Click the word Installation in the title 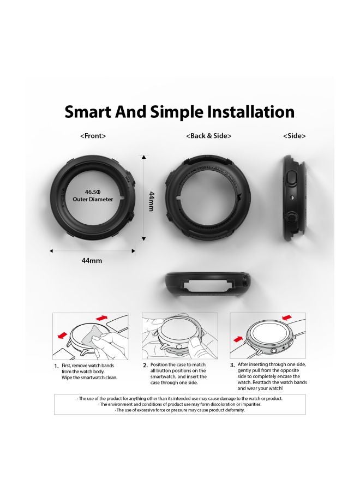point(248,112)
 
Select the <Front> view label point(93,136)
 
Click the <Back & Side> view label point(208,136)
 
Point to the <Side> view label point(294,136)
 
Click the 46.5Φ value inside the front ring point(92,192)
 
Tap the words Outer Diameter point(93,200)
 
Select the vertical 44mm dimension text point(152,201)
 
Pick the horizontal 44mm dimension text point(92,261)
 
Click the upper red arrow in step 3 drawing point(287,318)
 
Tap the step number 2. point(145,366)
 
